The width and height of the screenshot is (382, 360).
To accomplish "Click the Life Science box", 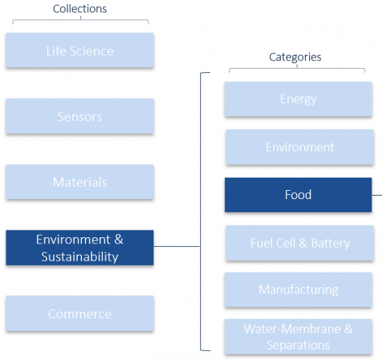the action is click(x=80, y=50).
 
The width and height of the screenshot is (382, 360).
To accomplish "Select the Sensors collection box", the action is click(x=80, y=116).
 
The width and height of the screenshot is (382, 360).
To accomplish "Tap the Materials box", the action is click(x=80, y=182).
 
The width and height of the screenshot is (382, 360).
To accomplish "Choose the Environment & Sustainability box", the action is click(x=80, y=248).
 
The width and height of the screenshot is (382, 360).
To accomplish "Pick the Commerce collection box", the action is click(x=80, y=314).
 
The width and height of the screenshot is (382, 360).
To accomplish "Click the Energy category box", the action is click(x=298, y=99).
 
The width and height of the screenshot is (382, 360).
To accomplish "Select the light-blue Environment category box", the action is click(x=299, y=147).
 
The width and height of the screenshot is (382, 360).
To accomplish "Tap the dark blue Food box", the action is click(x=298, y=195).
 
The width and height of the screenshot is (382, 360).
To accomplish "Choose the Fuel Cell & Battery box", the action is click(x=299, y=243).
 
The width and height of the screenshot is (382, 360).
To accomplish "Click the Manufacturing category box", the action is click(x=298, y=290).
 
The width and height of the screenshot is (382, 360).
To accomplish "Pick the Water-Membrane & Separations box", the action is click(x=298, y=336).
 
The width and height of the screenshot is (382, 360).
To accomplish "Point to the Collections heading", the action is click(x=80, y=9).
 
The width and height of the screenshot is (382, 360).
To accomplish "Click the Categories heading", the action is click(x=295, y=58).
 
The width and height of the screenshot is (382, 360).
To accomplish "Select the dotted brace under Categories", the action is click(x=297, y=69).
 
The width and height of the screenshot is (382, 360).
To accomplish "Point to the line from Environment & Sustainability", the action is click(x=176, y=246).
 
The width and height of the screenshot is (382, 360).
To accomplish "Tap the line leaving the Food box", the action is click(x=377, y=195).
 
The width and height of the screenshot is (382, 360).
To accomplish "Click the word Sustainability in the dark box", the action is click(x=80, y=257).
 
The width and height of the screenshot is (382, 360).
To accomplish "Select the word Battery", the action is click(x=331, y=243).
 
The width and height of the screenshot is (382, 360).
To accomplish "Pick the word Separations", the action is click(x=298, y=345).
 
